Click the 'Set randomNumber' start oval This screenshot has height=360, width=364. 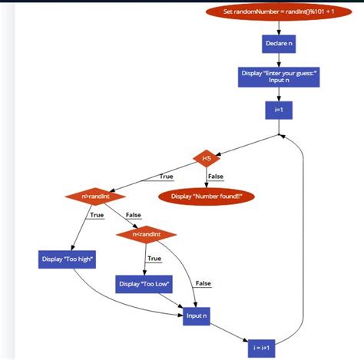pos(278,12)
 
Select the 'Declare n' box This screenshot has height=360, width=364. pos(278,43)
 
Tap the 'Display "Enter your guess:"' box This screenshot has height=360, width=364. pos(278,76)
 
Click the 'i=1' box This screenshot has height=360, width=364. pos(278,110)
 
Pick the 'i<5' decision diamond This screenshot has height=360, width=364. pos(207,159)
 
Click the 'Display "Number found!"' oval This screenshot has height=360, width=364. pos(206,196)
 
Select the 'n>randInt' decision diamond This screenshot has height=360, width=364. pos(95,196)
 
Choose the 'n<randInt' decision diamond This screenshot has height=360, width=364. pos(146,233)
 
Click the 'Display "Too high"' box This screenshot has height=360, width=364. pos(67,259)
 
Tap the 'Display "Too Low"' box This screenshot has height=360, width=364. pos(144,284)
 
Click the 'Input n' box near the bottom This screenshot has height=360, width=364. pos(196,315)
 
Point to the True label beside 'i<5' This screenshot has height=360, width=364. pos(166,177)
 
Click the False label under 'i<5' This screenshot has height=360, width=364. pos(216,177)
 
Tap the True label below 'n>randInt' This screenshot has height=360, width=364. pos(97,215)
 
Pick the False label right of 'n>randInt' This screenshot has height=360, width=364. pos(134,215)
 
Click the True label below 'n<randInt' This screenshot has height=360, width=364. pos(154,259)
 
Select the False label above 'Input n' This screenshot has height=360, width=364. pos(203,283)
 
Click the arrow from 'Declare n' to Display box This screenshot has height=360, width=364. pos(278,60)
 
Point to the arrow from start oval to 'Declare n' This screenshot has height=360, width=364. pos(278,28)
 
